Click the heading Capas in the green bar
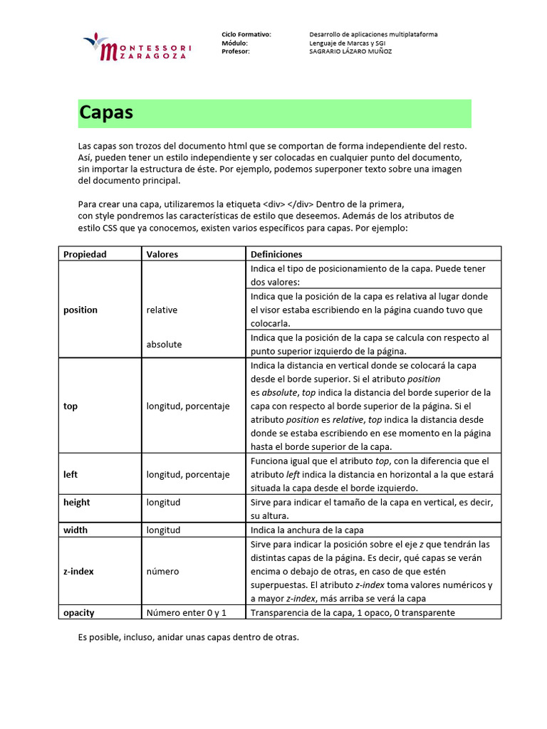(x=106, y=112)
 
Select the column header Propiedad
(x=85, y=254)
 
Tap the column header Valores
(x=162, y=254)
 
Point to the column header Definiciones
(x=276, y=254)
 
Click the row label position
(x=80, y=310)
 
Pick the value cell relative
(x=162, y=310)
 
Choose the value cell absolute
(x=164, y=345)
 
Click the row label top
(x=71, y=407)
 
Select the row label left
(x=71, y=474)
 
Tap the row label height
(x=77, y=503)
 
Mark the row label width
(x=75, y=530)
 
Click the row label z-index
(x=78, y=572)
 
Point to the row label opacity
(x=79, y=613)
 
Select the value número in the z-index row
(x=163, y=572)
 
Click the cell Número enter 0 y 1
(x=187, y=613)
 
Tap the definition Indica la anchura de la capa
(x=307, y=530)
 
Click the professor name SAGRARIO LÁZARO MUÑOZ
(x=350, y=51)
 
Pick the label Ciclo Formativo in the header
(x=246, y=34)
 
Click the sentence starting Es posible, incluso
(x=188, y=637)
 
